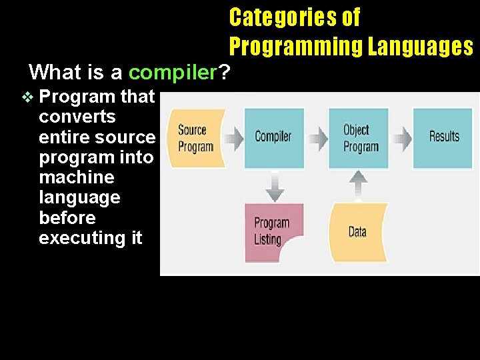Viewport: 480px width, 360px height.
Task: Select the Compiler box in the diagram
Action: pos(273,137)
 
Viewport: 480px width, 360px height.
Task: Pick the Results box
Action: pos(443,137)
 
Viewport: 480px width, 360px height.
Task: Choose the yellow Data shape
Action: pos(358,231)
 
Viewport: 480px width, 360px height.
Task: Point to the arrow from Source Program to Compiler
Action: pos(233,137)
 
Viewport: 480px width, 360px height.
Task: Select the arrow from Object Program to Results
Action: pos(401,138)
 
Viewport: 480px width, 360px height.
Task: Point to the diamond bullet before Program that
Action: pos(27,97)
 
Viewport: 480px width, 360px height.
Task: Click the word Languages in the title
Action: pos(421,47)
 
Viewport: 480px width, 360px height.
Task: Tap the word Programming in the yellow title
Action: pos(296,47)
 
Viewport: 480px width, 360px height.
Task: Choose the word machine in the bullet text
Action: pos(77,177)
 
